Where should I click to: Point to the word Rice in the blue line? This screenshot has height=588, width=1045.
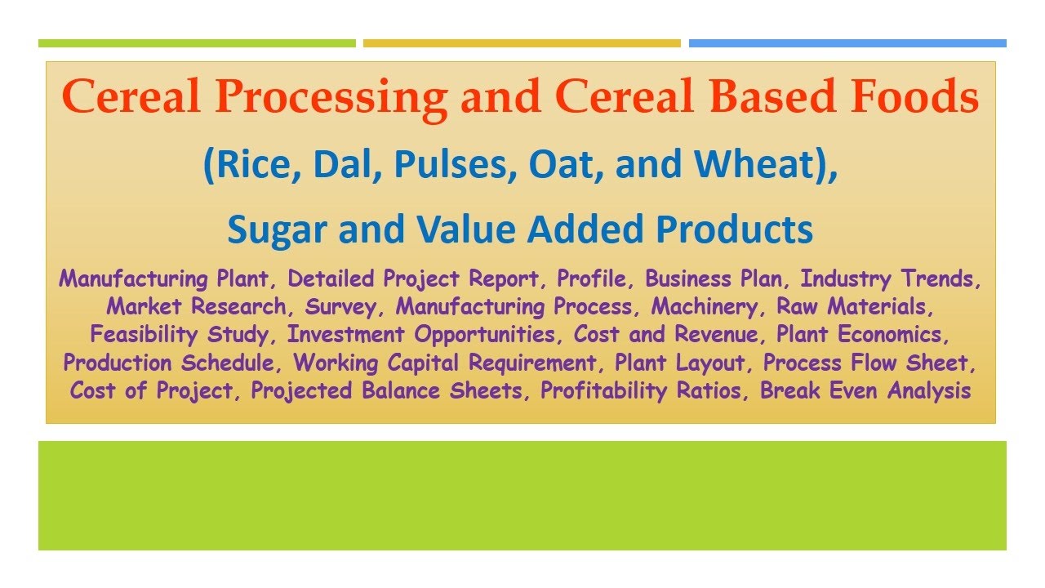click(x=246, y=165)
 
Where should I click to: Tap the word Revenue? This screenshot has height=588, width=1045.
click(x=714, y=335)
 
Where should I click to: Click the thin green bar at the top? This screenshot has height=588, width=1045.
click(x=197, y=43)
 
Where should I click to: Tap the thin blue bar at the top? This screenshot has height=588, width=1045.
click(x=847, y=43)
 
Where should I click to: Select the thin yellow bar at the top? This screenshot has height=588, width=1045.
click(x=522, y=43)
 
